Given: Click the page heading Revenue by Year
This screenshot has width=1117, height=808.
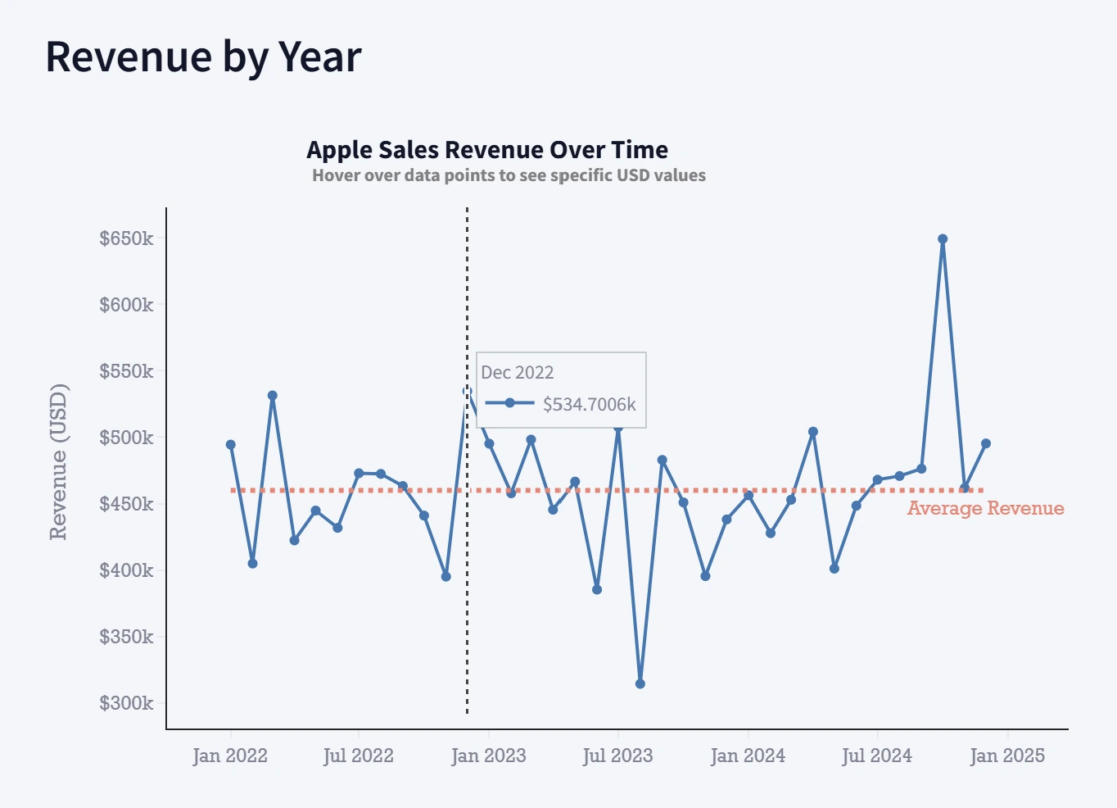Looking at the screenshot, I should [x=203, y=57].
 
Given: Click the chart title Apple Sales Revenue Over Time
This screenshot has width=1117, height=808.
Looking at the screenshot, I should [x=486, y=150].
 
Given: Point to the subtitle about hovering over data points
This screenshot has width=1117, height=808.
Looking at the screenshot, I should [x=509, y=175].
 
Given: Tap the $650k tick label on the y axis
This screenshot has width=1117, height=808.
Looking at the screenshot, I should [x=126, y=238].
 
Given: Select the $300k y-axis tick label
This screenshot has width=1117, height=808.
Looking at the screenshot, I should [x=126, y=703].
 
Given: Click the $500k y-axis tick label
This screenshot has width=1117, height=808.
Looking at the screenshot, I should [x=126, y=438].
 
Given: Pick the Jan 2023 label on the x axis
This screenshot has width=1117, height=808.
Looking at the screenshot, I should [x=488, y=756].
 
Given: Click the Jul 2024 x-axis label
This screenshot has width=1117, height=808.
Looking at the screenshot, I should [x=876, y=756].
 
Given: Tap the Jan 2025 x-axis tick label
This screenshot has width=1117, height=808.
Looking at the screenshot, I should [x=1006, y=756].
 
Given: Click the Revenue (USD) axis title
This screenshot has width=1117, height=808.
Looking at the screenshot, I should [x=58, y=461].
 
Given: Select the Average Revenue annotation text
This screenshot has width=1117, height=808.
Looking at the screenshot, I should [x=985, y=509].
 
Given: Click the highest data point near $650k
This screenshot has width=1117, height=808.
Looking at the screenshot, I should [x=943, y=239].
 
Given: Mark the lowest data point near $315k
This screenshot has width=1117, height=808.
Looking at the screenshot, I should [x=640, y=683].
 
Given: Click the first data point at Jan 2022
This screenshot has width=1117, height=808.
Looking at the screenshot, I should [x=231, y=445].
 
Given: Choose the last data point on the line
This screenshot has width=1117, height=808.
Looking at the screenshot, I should [x=986, y=443].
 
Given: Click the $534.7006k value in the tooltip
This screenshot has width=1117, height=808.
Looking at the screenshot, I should [x=590, y=404].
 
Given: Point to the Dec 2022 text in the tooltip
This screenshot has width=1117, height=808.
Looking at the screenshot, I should [x=518, y=373].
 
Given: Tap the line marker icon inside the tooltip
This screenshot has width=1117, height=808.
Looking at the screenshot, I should [x=509, y=403].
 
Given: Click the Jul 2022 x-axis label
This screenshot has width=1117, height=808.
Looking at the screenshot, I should [x=358, y=756].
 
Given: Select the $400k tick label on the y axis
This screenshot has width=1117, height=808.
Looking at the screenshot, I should [x=126, y=570].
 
